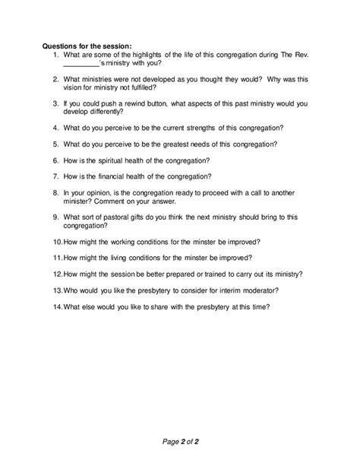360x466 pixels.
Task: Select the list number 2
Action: (56, 79)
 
